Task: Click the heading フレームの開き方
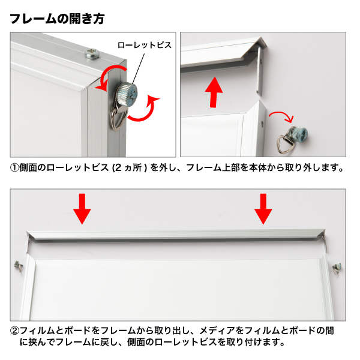coord(57,19)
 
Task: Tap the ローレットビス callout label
coord(145,45)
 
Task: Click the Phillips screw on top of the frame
coord(92,54)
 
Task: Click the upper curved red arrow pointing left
coord(110,76)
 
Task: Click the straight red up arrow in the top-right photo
coord(214,92)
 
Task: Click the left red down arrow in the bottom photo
coord(82,209)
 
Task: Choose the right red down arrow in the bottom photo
coord(263,209)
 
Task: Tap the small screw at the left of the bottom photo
coord(19,266)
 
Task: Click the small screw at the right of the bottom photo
coord(337,269)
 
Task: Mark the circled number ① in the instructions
coord(14,168)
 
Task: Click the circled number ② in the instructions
coord(14,331)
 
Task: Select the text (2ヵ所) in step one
coord(130,168)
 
